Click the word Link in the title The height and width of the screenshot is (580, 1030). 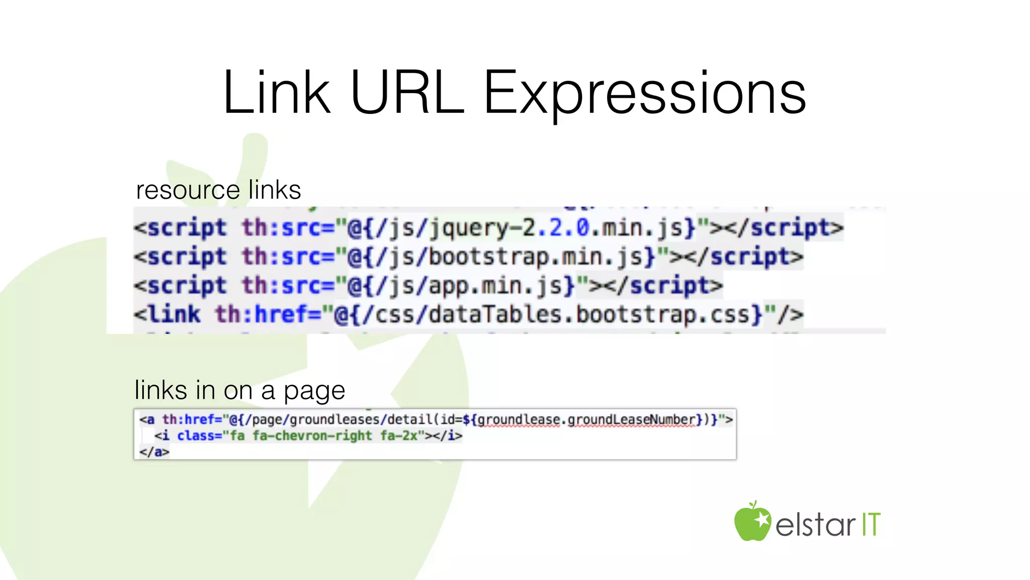click(277, 93)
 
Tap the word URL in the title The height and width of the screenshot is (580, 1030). click(406, 93)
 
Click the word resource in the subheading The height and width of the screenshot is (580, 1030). click(188, 190)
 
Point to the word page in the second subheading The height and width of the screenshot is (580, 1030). click(314, 391)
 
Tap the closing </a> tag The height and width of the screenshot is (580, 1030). click(154, 452)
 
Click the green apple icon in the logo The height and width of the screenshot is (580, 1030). click(752, 522)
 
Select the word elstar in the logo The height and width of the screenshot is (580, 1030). click(815, 525)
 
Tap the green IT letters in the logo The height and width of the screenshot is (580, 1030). click(871, 525)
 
